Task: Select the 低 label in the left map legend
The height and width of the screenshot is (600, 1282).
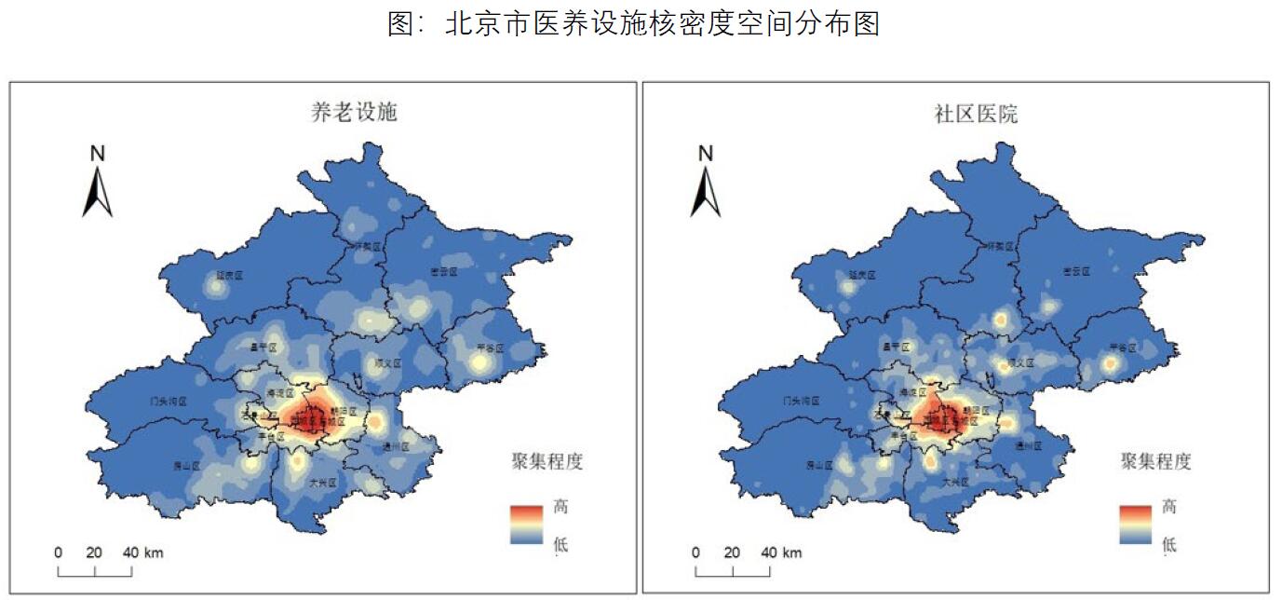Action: (x=560, y=544)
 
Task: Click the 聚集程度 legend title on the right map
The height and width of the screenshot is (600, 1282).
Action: (x=1155, y=461)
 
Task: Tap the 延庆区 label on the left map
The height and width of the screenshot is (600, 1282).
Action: (x=229, y=276)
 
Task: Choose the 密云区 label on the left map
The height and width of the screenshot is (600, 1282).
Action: (x=443, y=271)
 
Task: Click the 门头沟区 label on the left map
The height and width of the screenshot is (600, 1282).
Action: (x=169, y=402)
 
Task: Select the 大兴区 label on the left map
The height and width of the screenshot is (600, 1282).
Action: (x=325, y=482)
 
